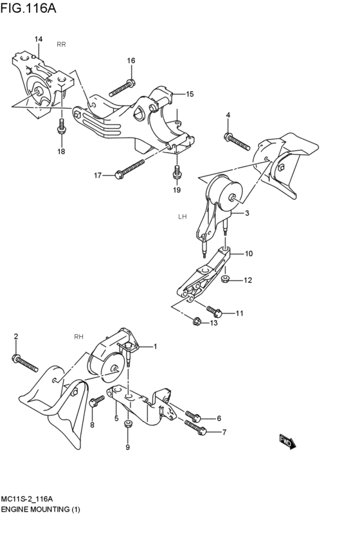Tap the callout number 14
(x=39, y=39)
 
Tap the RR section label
(x=61, y=44)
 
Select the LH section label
(x=182, y=217)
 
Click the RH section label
(x=79, y=336)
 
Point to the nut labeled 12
(x=225, y=280)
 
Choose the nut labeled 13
(x=196, y=321)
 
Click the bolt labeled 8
(x=97, y=401)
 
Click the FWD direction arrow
(x=286, y=441)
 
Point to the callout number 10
(x=248, y=254)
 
